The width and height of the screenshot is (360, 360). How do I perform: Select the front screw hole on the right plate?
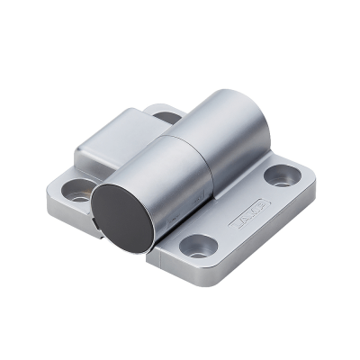point(199,244)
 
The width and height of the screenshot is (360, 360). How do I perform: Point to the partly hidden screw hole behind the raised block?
point(167,116)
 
